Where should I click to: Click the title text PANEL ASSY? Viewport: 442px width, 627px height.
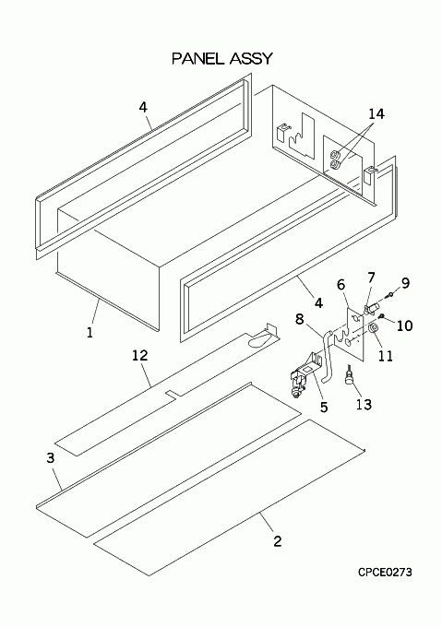coord(222,58)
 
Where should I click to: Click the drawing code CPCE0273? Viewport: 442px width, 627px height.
coord(385,573)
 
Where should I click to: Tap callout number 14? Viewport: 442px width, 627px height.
coord(376,114)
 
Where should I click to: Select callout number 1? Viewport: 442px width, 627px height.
coord(90,332)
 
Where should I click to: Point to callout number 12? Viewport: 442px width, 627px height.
coord(140,355)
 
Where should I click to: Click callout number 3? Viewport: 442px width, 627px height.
coord(51,458)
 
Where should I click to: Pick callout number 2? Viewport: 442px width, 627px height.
coord(278,541)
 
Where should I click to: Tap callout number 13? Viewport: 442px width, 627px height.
coord(364,404)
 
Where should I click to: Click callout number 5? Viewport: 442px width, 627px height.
coord(324,407)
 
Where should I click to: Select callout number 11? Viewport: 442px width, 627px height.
coord(386,356)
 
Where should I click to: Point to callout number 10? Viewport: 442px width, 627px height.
coord(404,325)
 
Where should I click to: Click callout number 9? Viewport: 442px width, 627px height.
coord(406,283)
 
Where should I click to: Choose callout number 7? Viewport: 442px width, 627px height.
coord(371,278)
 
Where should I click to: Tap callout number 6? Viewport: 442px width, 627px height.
coord(340,285)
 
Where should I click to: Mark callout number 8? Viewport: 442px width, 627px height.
coord(300,319)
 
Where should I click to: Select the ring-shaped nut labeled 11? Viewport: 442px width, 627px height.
coord(373,328)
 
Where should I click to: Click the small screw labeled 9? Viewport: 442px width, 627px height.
coord(389,295)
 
